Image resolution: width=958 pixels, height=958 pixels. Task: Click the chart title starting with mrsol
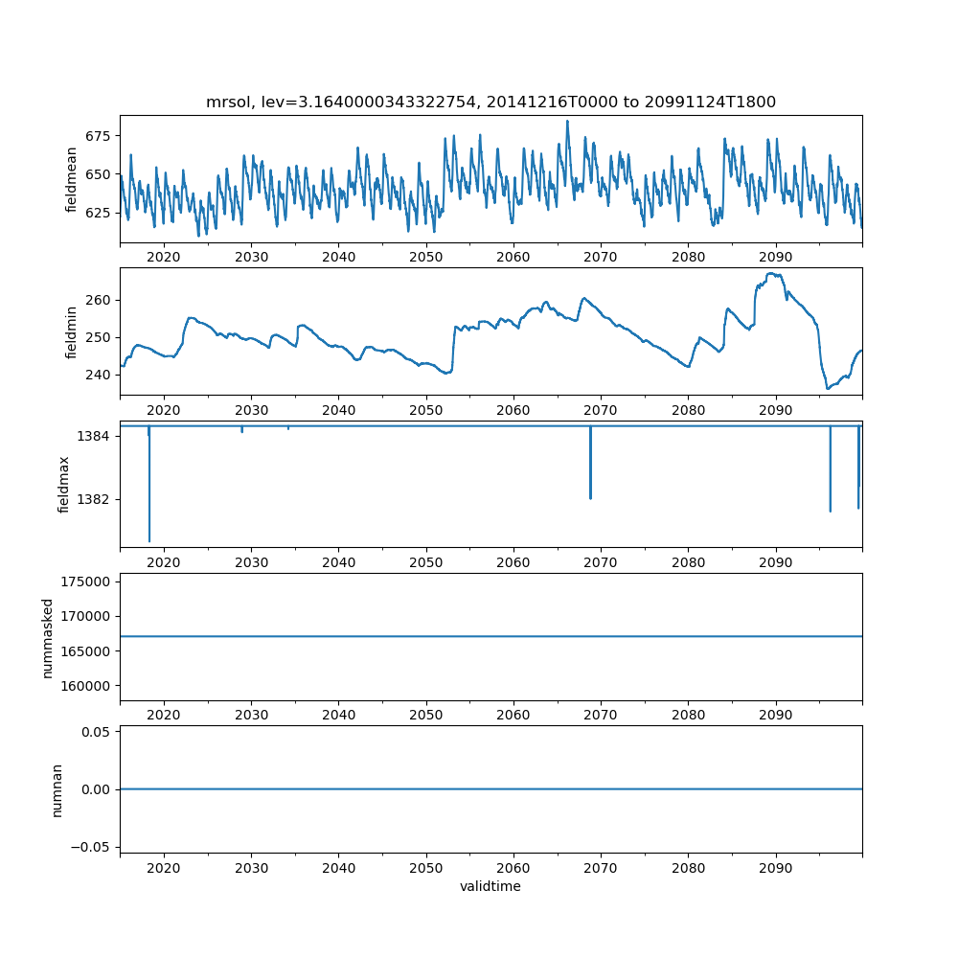coord(490,102)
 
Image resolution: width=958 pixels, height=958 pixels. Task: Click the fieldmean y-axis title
coord(72,179)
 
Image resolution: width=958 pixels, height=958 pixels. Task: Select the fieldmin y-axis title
coord(72,331)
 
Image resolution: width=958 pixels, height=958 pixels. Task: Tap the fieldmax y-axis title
coord(64,484)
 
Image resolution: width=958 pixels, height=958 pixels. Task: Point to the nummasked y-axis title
coord(47,637)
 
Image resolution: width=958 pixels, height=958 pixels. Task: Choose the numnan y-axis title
coord(57,789)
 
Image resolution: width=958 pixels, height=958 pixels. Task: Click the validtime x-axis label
coord(490,886)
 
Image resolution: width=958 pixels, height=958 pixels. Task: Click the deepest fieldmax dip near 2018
coord(149,541)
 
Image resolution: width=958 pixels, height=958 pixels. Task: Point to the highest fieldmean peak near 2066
coord(567,122)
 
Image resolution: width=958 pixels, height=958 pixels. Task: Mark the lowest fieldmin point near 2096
coord(828,388)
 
